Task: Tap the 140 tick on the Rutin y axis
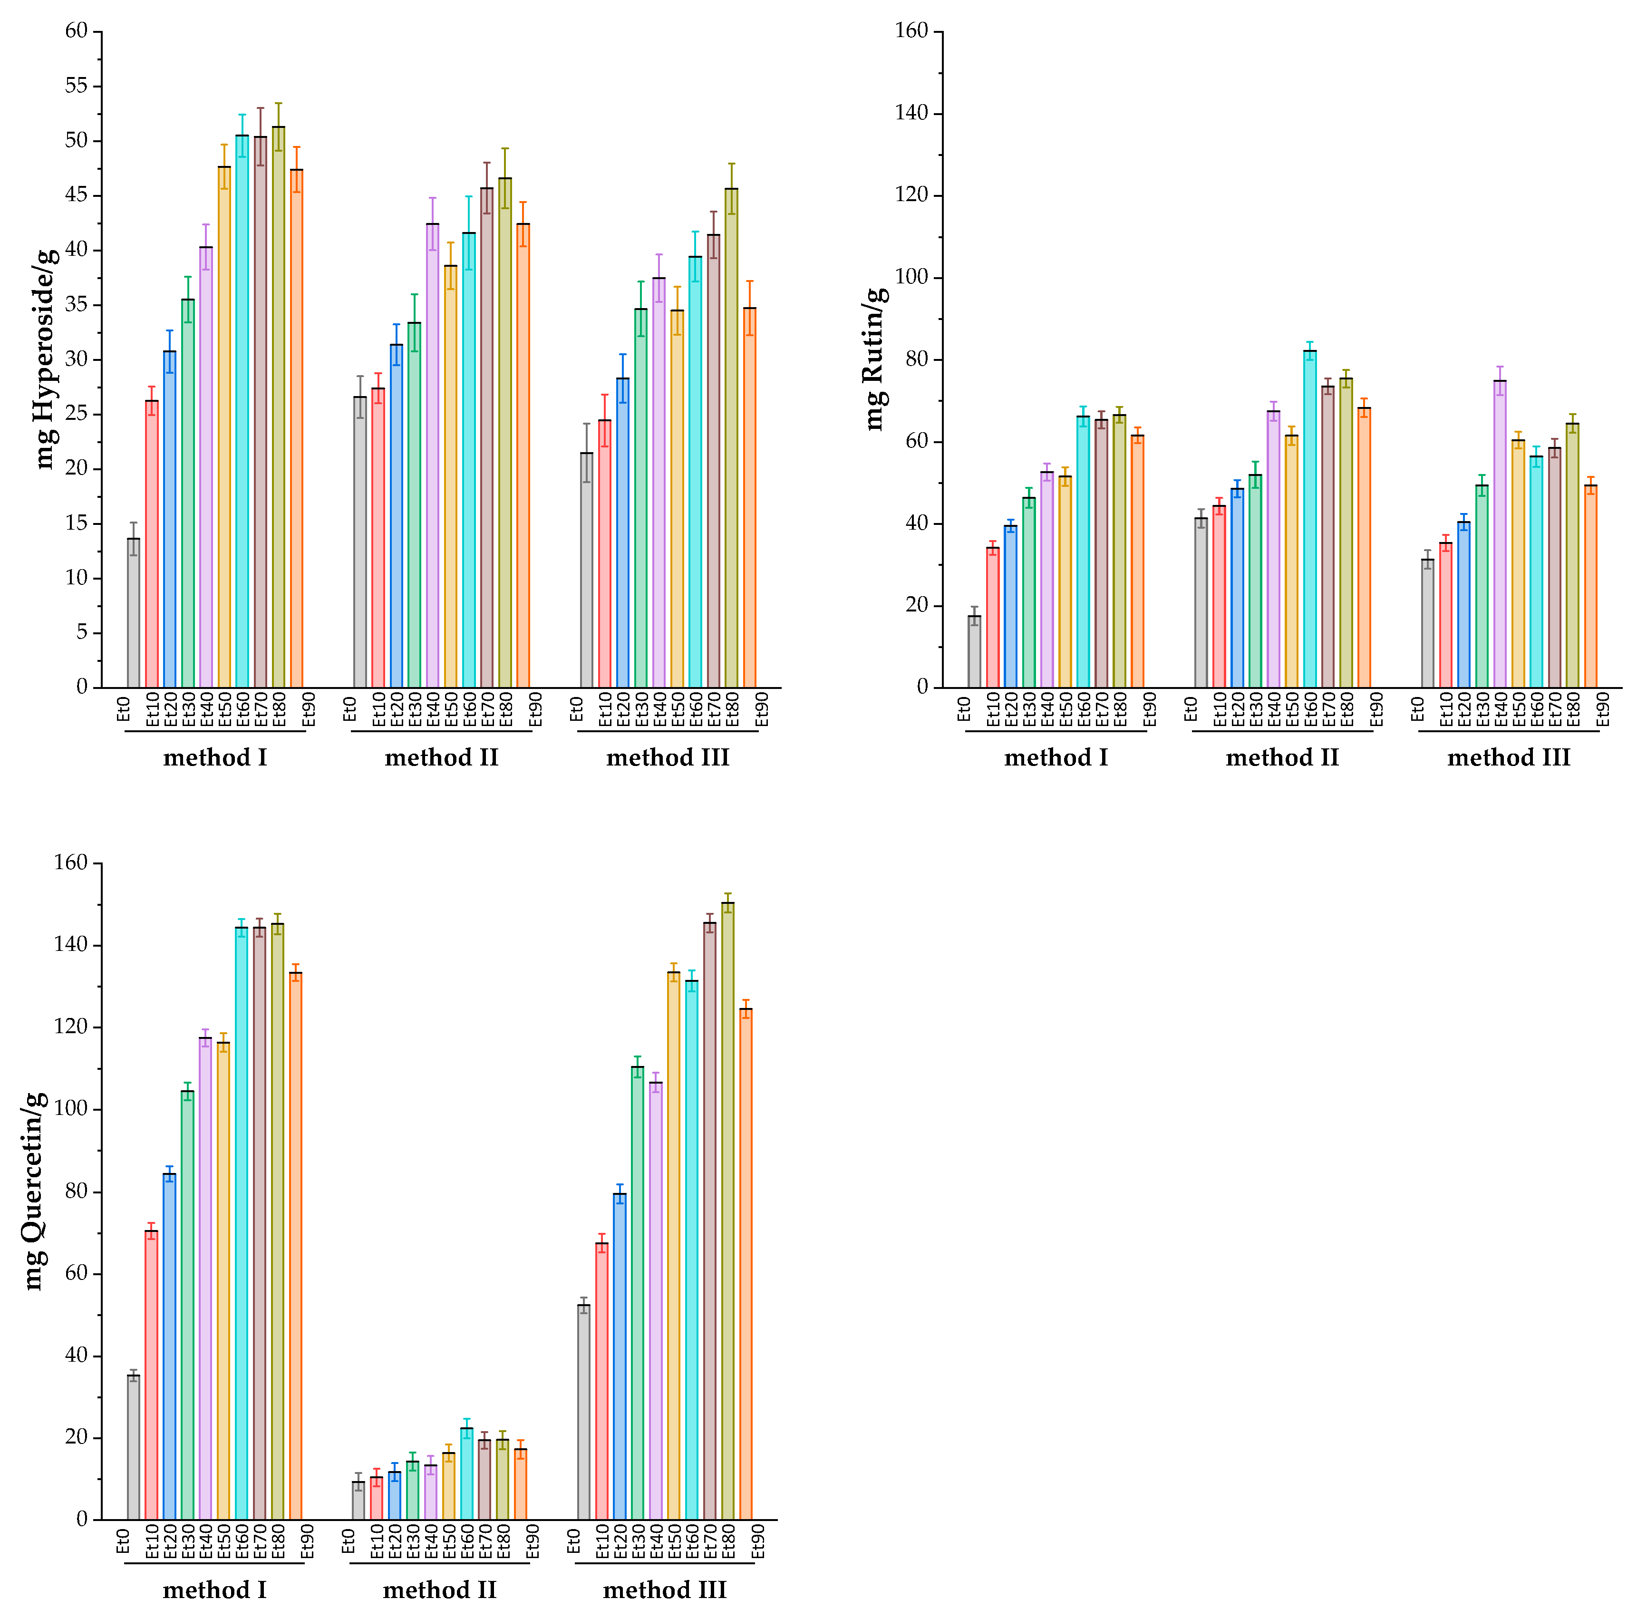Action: click(x=912, y=114)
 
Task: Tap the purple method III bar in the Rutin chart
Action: click(x=1500, y=533)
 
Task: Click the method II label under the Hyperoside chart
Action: click(x=441, y=757)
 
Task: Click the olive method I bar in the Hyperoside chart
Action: click(x=279, y=407)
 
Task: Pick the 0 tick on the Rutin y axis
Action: click(x=923, y=687)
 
